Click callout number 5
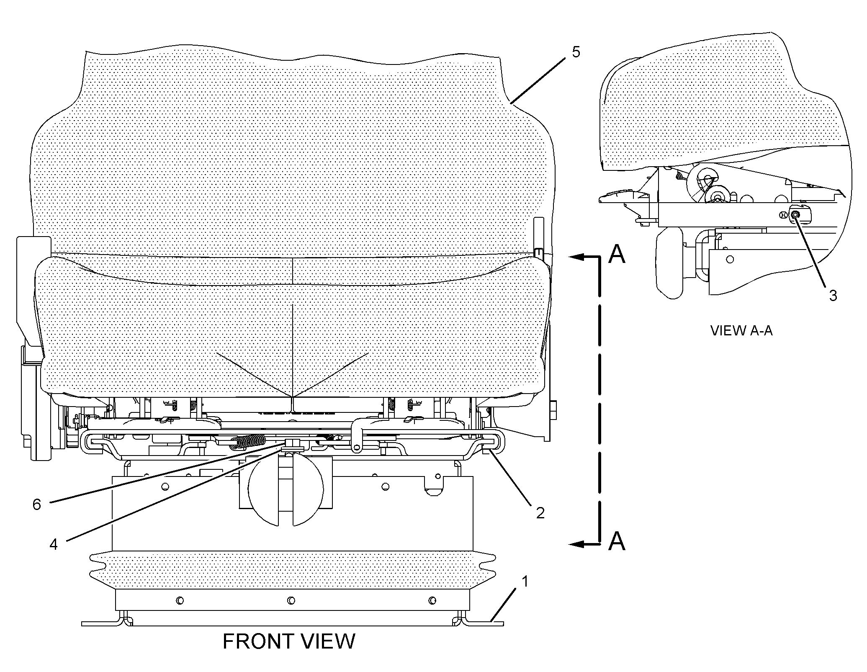pyautogui.click(x=576, y=52)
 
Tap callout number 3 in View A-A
pyautogui.click(x=833, y=295)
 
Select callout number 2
pyautogui.click(x=540, y=512)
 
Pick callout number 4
pyautogui.click(x=54, y=544)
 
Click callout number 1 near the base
pyautogui.click(x=525, y=582)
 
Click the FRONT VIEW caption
pyautogui.click(x=289, y=641)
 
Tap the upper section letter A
pyautogui.click(x=616, y=254)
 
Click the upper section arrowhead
pyautogui.click(x=576, y=257)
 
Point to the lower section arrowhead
pyautogui.click(x=576, y=544)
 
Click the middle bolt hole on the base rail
pyautogui.click(x=291, y=601)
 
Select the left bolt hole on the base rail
pyautogui.click(x=180, y=601)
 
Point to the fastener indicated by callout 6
pyautogui.click(x=290, y=443)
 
